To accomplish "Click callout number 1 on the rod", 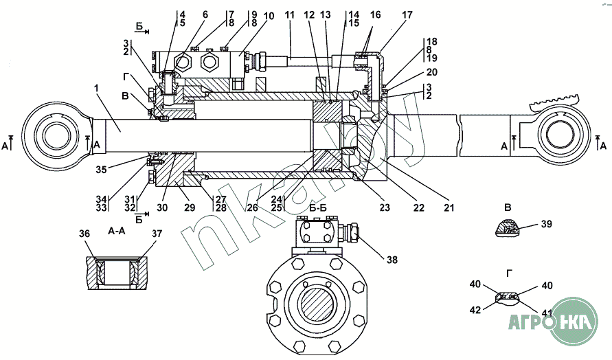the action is [x=97, y=88].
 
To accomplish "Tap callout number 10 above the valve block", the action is [x=269, y=16].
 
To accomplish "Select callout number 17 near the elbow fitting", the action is [x=407, y=15].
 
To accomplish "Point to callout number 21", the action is [x=449, y=207].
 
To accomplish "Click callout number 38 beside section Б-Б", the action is [x=392, y=260].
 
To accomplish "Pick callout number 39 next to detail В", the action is [x=547, y=224].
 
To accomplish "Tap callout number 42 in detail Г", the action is [x=475, y=310].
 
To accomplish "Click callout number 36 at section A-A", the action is [x=84, y=234].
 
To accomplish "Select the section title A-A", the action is [x=116, y=231].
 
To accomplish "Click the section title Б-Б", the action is [x=318, y=207].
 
